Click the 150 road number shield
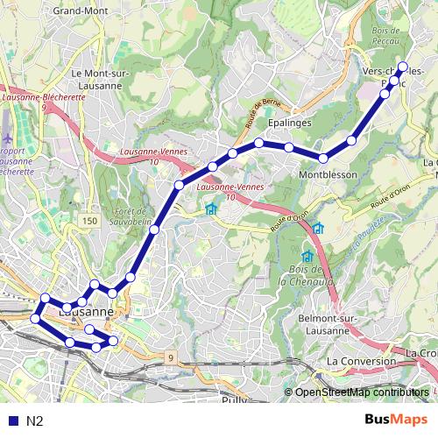click(x=89, y=222)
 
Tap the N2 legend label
click(x=36, y=421)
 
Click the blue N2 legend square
click(x=11, y=421)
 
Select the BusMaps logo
click(x=397, y=420)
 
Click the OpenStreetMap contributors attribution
click(x=361, y=392)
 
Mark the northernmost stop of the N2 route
click(x=403, y=67)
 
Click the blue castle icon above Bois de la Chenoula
click(x=307, y=256)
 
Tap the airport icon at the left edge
click(x=7, y=139)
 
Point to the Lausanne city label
click(x=85, y=311)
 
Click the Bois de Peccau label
click(x=386, y=35)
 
